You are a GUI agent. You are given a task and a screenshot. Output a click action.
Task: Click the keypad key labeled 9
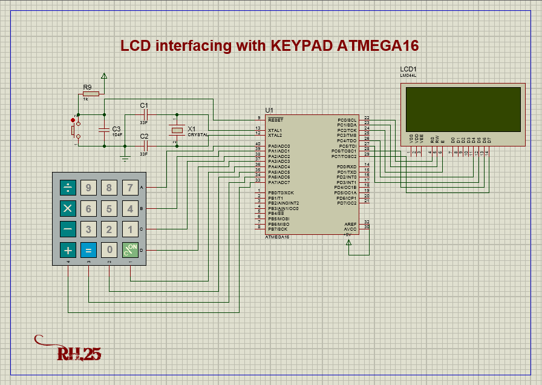coord(89,188)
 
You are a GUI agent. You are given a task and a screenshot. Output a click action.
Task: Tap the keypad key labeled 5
coord(109,209)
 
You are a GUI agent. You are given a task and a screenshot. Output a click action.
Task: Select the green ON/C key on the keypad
coord(130,249)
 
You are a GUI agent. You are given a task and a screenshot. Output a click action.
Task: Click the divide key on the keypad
coord(68,188)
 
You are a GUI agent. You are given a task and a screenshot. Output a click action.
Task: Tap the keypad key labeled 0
coord(109,249)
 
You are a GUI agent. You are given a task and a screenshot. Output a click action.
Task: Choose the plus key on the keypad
coord(68,249)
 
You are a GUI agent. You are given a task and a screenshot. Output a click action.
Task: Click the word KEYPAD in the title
coord(301,46)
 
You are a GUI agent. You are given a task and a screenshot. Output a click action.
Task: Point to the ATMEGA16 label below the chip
coord(277,237)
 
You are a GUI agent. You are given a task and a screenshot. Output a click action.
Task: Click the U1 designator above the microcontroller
coord(269,110)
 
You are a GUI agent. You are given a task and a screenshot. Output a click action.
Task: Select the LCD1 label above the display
coord(408,69)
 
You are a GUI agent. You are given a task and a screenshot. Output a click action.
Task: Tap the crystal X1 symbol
coord(177,130)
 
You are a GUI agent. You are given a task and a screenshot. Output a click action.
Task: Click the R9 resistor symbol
coord(90,94)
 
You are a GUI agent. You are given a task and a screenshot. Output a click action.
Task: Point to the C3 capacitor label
coord(116,129)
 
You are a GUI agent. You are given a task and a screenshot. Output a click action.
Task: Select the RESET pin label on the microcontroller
coord(275,120)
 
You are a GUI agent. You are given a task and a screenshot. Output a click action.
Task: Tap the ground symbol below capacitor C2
coord(125,159)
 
